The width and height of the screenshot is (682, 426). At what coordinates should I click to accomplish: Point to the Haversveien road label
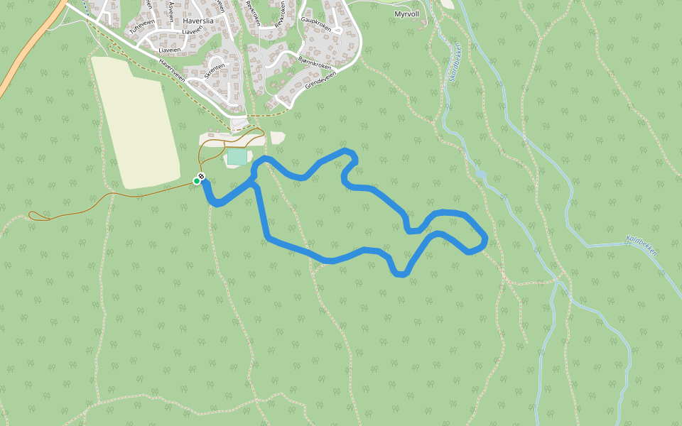(x=172, y=70)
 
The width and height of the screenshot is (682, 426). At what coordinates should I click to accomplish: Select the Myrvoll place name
(x=408, y=13)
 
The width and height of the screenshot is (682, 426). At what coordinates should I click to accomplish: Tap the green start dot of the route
(x=197, y=181)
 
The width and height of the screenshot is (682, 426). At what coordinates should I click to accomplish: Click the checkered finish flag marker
(x=202, y=176)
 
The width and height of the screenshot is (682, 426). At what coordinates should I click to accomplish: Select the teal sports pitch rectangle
(x=237, y=156)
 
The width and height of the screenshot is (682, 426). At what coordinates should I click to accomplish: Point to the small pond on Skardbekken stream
(x=481, y=173)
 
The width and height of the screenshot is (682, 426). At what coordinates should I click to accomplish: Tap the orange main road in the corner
(x=28, y=47)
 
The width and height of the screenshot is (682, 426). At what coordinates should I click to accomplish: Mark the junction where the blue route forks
(x=254, y=183)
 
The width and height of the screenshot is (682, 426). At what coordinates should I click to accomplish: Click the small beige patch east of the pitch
(x=278, y=137)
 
